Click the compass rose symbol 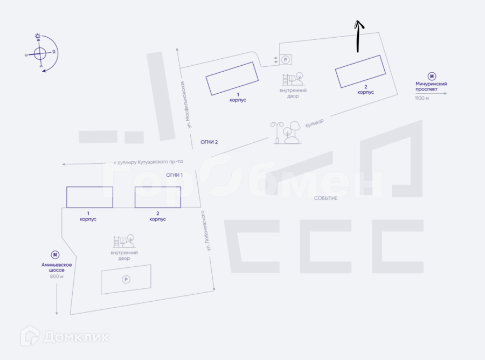pyautogui.click(x=40, y=53)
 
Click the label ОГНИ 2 pyautogui.click(x=209, y=142)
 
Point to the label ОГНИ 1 pyautogui.click(x=175, y=175)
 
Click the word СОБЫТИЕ pyautogui.click(x=325, y=198)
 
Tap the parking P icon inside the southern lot pyautogui.click(x=126, y=279)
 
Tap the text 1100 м pyautogui.click(x=422, y=98)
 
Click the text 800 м pyautogui.click(x=57, y=276)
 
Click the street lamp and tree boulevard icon pyautogui.click(x=286, y=133)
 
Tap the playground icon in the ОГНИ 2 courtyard pyautogui.click(x=293, y=79)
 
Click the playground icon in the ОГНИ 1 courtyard pyautogui.click(x=124, y=241)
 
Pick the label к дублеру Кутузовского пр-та pyautogui.click(x=148, y=162)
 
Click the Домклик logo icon pyautogui.click(x=30, y=336)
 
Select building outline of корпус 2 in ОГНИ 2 pyautogui.click(x=361, y=71)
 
